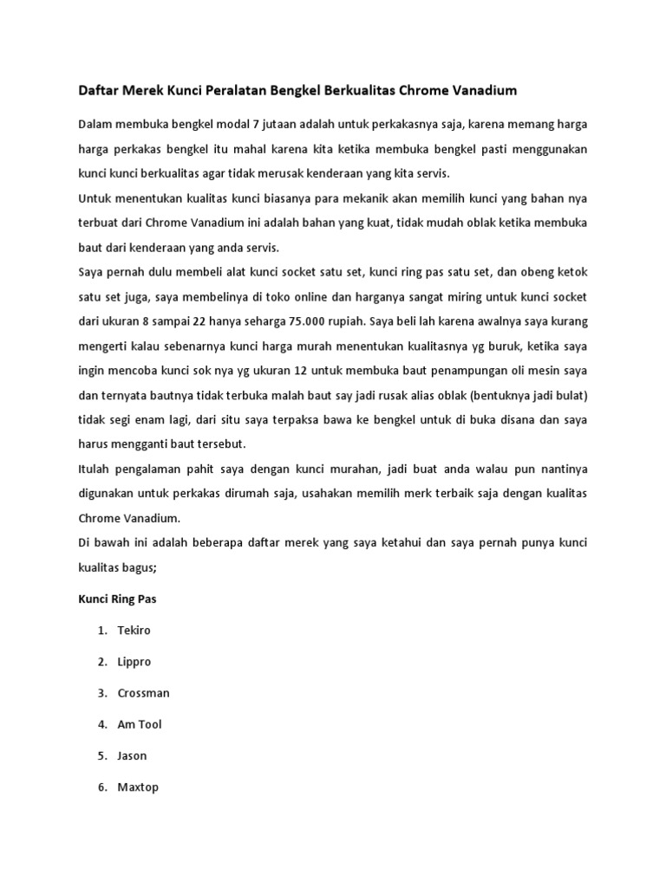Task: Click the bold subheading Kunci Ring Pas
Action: [x=117, y=599]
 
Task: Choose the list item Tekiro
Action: [x=134, y=630]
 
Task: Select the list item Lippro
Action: [x=134, y=662]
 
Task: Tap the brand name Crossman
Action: [x=143, y=693]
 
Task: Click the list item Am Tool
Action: [x=140, y=724]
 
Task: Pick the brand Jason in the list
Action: [x=132, y=755]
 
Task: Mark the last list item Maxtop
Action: [x=138, y=787]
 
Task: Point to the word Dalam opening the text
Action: [x=95, y=125]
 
